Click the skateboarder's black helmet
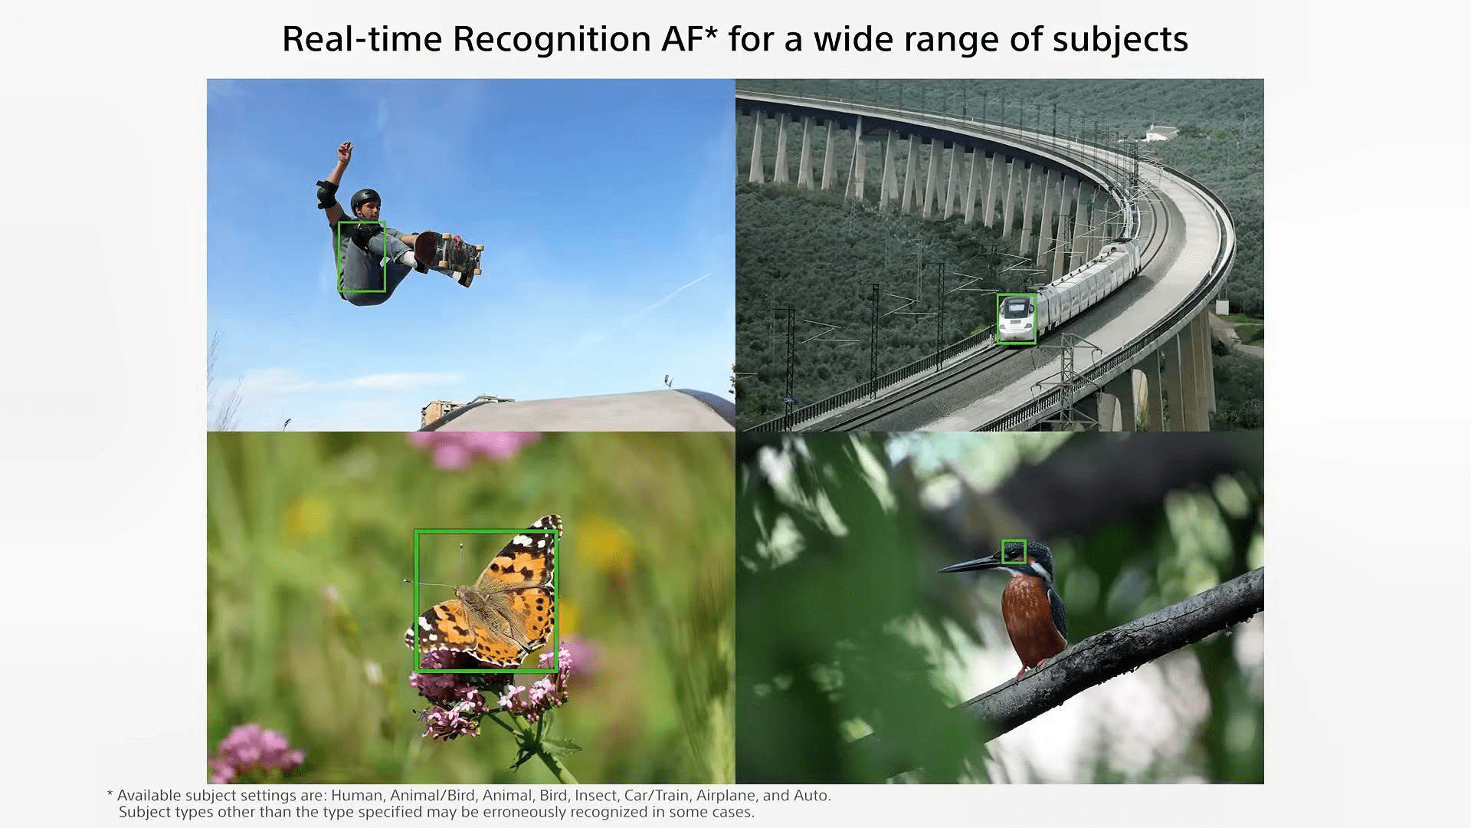click(x=365, y=201)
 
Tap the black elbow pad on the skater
click(x=326, y=193)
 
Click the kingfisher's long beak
click(x=971, y=566)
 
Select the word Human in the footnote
click(x=356, y=796)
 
